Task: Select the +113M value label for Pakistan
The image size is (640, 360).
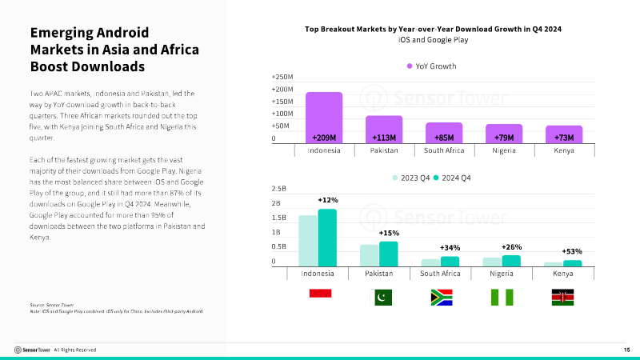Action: (x=385, y=137)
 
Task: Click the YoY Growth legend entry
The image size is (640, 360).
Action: (x=432, y=66)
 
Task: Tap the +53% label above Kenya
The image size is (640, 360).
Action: (x=571, y=251)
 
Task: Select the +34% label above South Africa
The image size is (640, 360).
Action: (x=450, y=248)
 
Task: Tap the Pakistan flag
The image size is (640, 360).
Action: (x=382, y=297)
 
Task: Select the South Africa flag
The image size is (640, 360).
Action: (x=442, y=297)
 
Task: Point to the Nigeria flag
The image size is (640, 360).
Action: (x=502, y=297)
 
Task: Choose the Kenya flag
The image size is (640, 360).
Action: (x=563, y=297)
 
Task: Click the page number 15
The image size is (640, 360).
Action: (x=627, y=350)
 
